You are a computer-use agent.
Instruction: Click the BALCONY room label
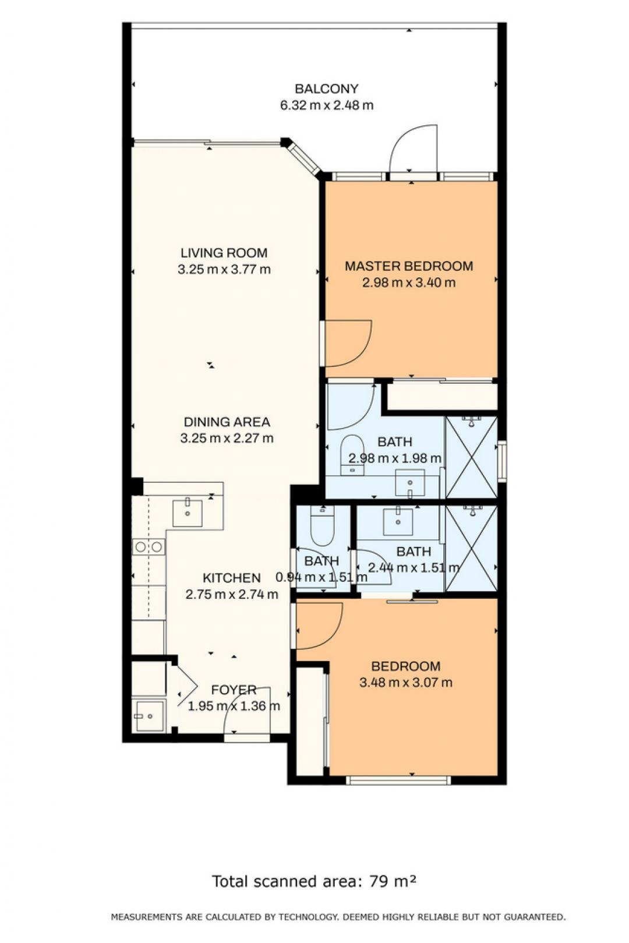coord(326,89)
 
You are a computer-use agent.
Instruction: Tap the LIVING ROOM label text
coord(224,253)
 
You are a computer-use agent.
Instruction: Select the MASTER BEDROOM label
coord(409,266)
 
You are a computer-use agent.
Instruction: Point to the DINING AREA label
coord(227,422)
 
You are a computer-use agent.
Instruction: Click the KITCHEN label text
coord(232,578)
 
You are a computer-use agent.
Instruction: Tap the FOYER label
coord(234,690)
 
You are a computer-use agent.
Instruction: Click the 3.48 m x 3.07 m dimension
coord(406,683)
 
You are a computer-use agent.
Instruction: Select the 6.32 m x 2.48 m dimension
coord(327,105)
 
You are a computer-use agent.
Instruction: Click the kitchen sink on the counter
coord(188,513)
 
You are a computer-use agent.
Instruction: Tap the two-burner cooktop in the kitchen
coord(149,547)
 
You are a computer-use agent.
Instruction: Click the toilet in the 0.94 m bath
coord(322,525)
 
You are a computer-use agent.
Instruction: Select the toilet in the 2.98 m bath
coord(352,455)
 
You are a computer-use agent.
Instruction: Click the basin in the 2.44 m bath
coord(398,522)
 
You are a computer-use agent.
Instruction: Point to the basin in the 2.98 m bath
coord(409,483)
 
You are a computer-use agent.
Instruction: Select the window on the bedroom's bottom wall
coord(398,780)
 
